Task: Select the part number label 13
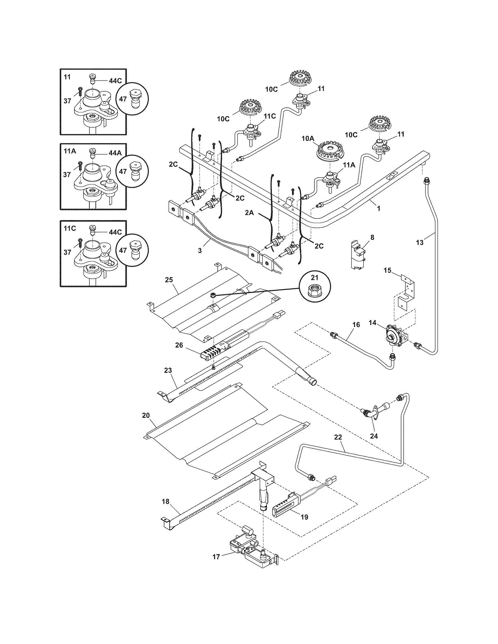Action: (420, 242)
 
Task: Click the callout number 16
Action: (357, 325)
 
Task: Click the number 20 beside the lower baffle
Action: (146, 415)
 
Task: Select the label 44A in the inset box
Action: (115, 153)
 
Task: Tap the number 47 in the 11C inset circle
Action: (123, 250)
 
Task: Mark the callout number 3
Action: (200, 251)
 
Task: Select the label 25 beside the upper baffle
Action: (169, 280)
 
